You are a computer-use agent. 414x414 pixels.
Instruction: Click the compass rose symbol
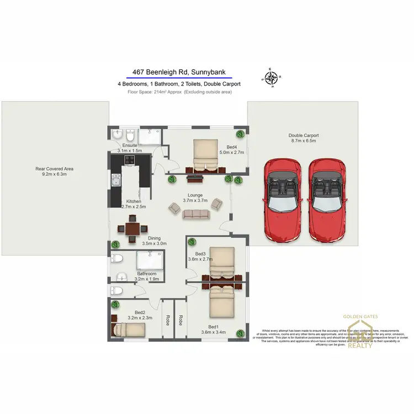coord(271,78)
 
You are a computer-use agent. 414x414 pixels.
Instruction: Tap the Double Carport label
coord(303,135)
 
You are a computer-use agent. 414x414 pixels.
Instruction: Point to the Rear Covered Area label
coord(54,169)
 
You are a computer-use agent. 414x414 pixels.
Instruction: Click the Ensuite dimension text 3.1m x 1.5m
coord(130,150)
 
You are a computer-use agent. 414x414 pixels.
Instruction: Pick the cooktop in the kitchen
coord(129,161)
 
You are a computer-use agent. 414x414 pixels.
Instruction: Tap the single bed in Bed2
coord(129,330)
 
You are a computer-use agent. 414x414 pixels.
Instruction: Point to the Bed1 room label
coord(213,327)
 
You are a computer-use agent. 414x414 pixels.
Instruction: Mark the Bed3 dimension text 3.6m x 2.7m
coord(200,259)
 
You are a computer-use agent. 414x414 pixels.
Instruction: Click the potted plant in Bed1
coord(241,332)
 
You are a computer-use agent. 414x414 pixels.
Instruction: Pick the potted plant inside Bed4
coord(241,134)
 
